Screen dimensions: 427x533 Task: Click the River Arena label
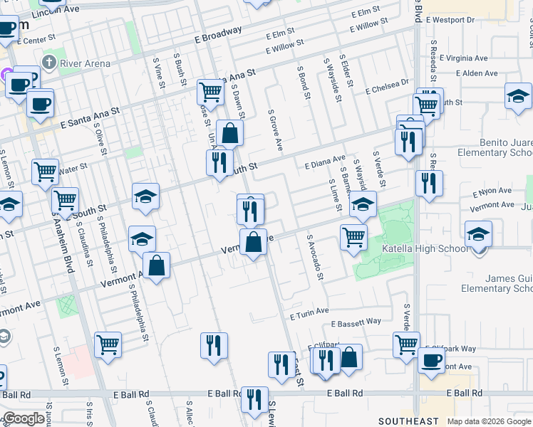[x=85, y=63]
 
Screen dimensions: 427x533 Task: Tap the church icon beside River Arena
[x=49, y=63]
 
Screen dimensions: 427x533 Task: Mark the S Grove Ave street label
[x=275, y=130]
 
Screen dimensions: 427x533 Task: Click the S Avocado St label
[x=314, y=258]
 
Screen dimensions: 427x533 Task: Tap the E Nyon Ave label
[x=492, y=191]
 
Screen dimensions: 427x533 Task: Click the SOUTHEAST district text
[x=428, y=421]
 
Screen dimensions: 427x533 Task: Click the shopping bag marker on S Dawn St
[x=230, y=133]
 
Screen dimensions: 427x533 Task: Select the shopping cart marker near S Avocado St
[x=353, y=237]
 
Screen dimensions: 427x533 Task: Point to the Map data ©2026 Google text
[x=488, y=421]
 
